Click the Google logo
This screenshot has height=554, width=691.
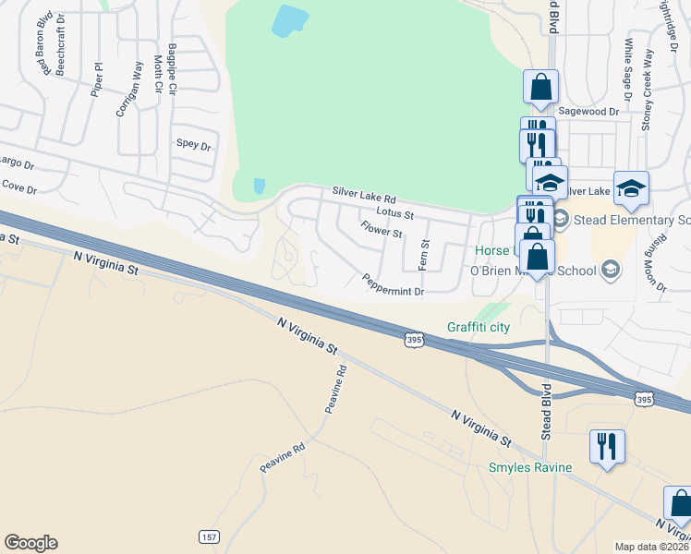click(30, 543)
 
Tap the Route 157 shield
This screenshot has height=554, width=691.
click(208, 536)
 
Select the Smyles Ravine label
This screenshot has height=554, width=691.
click(530, 467)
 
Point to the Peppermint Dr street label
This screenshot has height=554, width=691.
click(393, 285)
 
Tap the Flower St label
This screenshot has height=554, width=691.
click(382, 228)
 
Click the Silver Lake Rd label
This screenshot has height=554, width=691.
click(364, 198)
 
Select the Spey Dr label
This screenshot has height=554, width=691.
click(194, 145)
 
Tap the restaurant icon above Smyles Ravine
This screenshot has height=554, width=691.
click(607, 447)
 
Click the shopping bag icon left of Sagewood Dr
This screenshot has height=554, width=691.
click(541, 88)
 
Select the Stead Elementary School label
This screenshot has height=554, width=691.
click(631, 220)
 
